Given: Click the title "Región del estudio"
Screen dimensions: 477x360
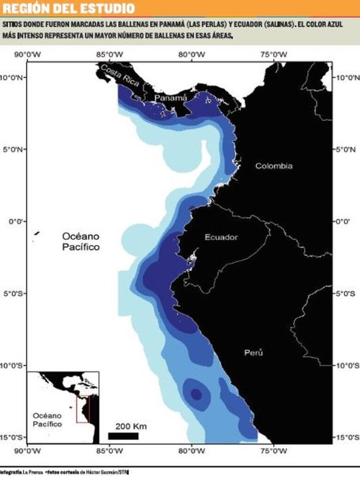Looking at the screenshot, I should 69,8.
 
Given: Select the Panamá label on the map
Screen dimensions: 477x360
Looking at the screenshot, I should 171,98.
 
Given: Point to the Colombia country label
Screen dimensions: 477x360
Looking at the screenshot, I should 274,166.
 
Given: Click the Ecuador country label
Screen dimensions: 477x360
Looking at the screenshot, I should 221,237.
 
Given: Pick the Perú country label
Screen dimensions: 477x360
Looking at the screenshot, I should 253,353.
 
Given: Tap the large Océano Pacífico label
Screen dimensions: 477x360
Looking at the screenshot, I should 81,242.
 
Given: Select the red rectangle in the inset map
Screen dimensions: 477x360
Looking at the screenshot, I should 83,408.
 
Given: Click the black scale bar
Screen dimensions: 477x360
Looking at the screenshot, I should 123,436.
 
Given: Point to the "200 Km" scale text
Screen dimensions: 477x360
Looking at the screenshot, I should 131,426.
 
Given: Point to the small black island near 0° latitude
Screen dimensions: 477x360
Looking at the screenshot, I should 36,233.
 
